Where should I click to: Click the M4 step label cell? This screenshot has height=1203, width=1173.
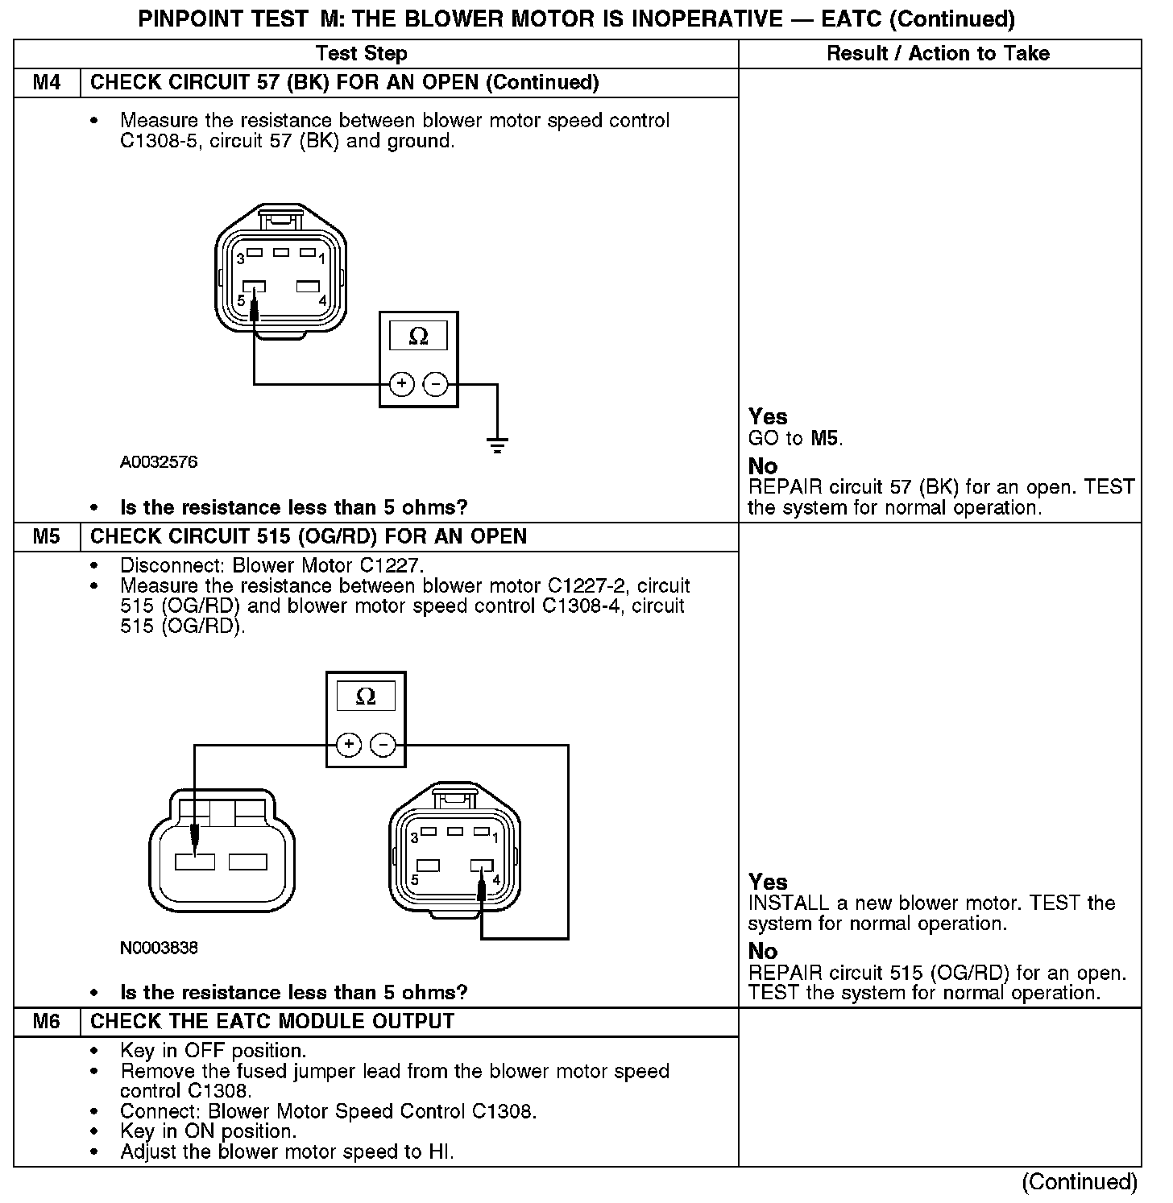[47, 83]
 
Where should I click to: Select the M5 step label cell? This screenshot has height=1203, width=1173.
[47, 537]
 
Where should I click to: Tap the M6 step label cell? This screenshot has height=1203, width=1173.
[47, 1022]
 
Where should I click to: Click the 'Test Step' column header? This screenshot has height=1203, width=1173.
[361, 54]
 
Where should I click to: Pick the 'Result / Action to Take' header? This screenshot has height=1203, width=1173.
[939, 54]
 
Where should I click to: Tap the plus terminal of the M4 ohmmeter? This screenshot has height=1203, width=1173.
[401, 385]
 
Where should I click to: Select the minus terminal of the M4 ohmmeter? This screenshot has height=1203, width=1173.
[435, 385]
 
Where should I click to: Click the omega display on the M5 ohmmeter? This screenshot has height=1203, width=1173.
[366, 697]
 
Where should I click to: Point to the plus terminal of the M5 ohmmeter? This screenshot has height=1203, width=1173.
[348, 745]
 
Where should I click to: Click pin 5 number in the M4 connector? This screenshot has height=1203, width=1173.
[240, 300]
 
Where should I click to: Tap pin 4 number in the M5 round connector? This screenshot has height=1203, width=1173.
[496, 879]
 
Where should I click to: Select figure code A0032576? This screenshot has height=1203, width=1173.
[159, 462]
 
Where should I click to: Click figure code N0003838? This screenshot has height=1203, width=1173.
[159, 948]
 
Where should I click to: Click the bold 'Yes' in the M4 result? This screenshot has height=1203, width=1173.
[767, 417]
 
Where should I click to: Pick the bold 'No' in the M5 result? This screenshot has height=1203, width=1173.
[762, 951]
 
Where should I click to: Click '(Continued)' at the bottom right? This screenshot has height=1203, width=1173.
[1079, 1182]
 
